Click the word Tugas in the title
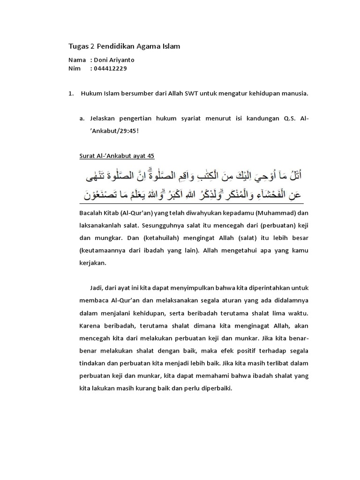79,46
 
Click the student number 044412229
110,68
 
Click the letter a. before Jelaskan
82,119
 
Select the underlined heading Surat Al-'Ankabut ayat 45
117,155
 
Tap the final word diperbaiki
216,389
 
